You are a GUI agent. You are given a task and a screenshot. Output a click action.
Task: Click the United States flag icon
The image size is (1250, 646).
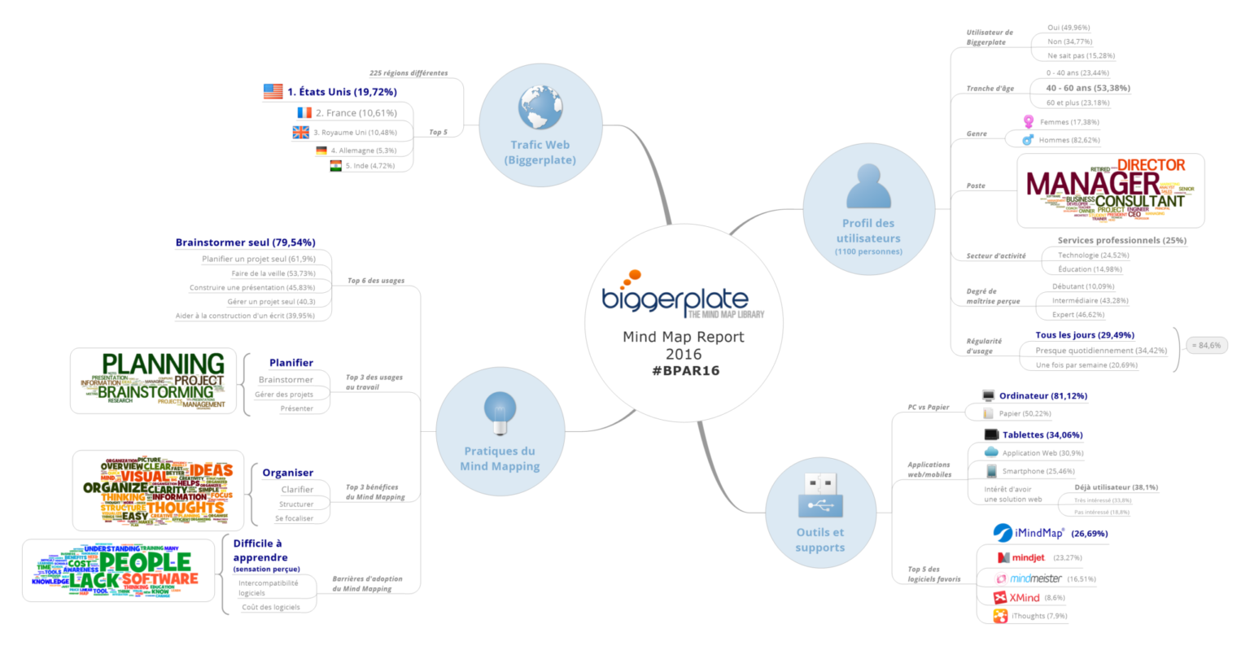(273, 92)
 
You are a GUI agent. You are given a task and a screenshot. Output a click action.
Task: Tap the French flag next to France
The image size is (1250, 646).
(304, 113)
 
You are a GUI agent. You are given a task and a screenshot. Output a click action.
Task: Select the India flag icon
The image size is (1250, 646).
(335, 166)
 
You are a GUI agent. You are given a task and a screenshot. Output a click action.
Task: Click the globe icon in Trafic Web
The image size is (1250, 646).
(540, 108)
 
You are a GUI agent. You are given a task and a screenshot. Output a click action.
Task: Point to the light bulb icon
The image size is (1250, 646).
(500, 412)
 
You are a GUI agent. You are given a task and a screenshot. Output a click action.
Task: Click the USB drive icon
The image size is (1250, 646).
(819, 495)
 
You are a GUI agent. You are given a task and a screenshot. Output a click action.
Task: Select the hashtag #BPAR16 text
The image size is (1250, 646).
(685, 371)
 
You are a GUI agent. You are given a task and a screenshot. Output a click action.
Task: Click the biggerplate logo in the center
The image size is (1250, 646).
(675, 297)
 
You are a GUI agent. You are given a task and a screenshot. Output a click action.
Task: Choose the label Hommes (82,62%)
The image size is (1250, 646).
(1069, 140)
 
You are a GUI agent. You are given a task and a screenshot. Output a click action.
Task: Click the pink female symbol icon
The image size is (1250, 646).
(1029, 122)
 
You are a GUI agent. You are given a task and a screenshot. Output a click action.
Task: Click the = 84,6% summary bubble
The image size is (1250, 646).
(1206, 345)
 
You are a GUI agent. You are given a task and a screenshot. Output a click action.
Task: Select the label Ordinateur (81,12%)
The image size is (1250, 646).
(1042, 396)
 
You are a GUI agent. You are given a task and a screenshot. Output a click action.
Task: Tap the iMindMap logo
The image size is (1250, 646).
(1029, 533)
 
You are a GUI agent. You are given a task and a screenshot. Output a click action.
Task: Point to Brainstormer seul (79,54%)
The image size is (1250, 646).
(245, 242)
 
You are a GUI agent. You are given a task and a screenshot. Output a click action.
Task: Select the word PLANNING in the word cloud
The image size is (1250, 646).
(163, 364)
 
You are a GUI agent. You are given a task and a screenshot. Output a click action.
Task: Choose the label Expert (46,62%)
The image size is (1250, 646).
(1077, 315)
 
